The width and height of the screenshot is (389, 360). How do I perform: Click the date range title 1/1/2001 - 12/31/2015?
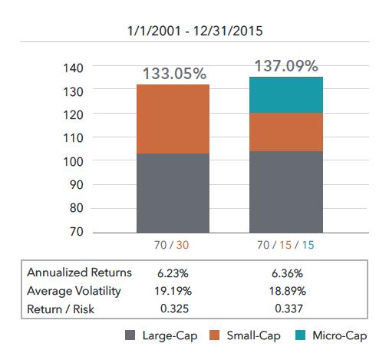pos(194,33)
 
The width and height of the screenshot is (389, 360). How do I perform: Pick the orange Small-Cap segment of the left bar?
pos(173,119)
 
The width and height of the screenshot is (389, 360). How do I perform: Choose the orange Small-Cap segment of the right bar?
pos(285,132)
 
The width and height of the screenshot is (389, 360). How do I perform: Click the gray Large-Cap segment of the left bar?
pos(173,193)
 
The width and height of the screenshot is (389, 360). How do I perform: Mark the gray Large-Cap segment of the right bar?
pos(285,191)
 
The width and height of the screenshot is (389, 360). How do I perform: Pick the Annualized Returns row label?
pos(79,272)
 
